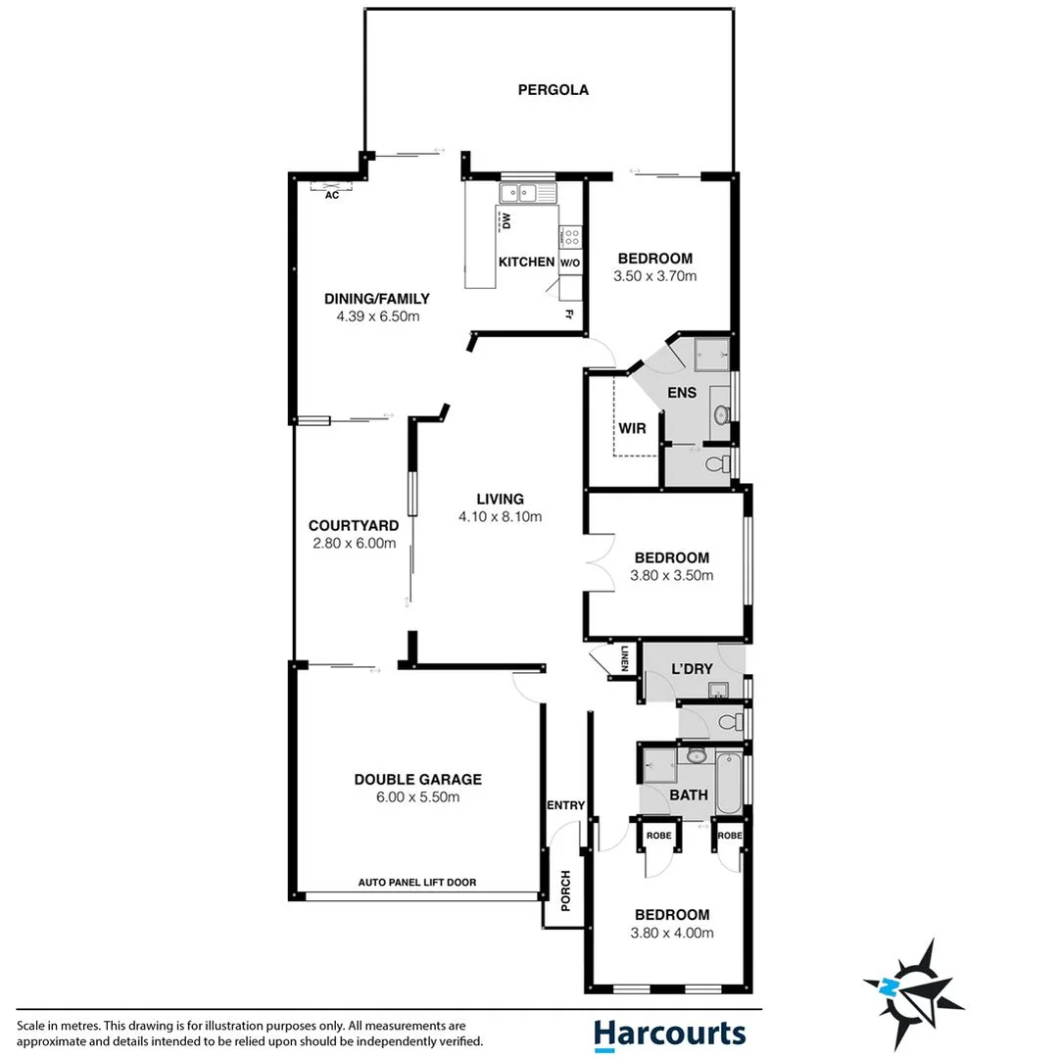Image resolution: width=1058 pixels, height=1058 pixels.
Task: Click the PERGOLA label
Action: (553, 90)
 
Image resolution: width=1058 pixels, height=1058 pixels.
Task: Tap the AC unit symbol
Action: (331, 188)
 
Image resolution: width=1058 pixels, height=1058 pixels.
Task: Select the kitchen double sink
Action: (526, 193)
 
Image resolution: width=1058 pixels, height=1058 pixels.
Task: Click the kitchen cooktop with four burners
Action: (570, 237)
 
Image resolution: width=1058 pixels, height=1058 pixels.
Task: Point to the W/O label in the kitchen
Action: (570, 264)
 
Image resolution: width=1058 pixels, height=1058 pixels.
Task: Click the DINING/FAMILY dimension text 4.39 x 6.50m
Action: (377, 316)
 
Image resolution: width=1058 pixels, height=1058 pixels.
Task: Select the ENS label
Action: (682, 393)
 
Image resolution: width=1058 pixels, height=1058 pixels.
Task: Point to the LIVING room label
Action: (501, 499)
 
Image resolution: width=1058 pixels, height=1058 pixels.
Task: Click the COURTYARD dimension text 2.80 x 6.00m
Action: (353, 544)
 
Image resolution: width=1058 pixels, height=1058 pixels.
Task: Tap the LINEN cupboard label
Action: (624, 659)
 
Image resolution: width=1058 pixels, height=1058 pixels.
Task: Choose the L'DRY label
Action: (690, 669)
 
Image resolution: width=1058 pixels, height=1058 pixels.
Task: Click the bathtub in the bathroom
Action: (730, 784)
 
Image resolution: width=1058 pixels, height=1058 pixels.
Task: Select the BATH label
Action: (689, 795)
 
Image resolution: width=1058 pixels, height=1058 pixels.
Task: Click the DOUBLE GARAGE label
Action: (417, 780)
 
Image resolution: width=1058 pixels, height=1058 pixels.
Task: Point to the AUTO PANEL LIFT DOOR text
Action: (417, 883)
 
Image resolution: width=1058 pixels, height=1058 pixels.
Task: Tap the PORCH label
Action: (565, 890)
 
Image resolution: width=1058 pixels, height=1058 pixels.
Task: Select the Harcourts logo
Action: (669, 1034)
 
